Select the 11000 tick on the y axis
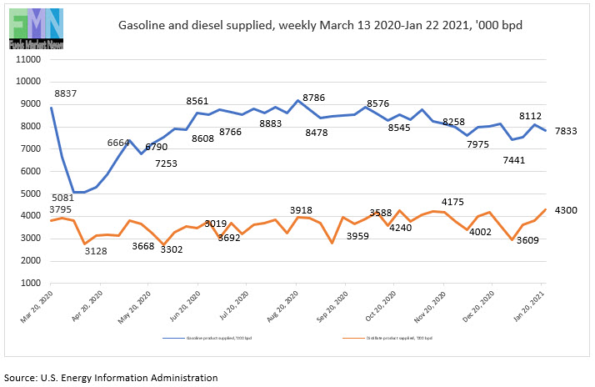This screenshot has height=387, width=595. pos(28,59)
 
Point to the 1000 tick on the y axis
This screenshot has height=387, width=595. pos(31,283)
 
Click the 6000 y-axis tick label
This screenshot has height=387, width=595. pos(31,171)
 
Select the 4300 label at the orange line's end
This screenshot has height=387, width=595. pos(566,209)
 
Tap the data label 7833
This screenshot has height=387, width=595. pos(566,131)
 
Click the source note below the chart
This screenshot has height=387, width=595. pos(111,377)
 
